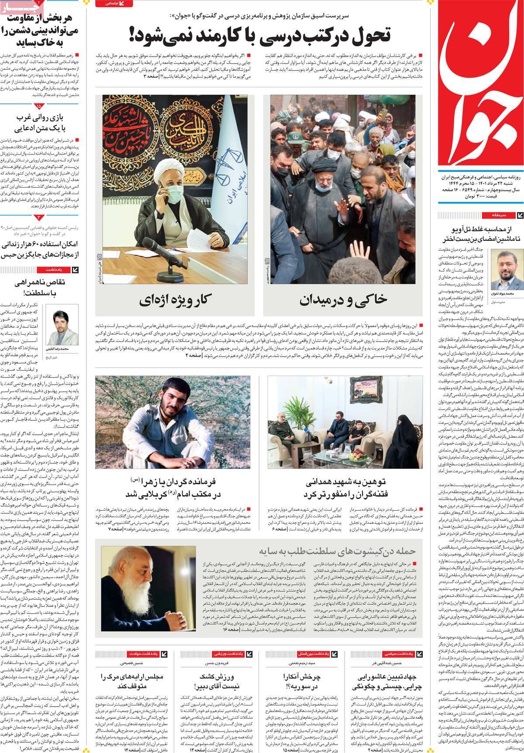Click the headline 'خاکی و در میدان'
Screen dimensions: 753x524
coord(343,299)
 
